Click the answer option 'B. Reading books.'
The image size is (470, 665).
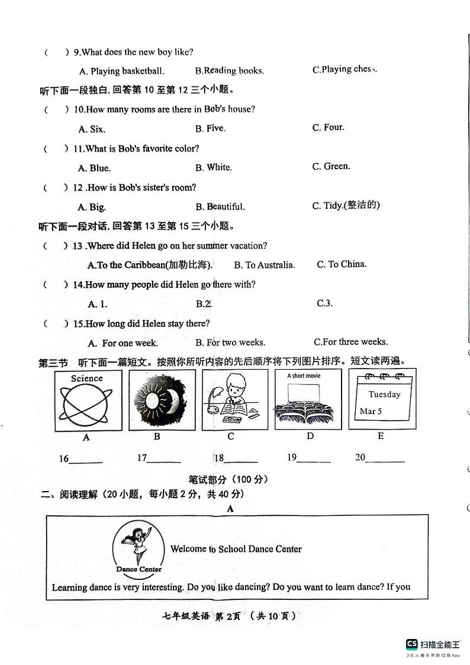(x=229, y=71)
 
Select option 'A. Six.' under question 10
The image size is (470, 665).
(x=91, y=129)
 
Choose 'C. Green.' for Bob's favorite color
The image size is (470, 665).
(x=331, y=167)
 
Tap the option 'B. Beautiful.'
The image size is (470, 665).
(x=220, y=207)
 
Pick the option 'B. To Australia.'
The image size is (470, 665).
(x=264, y=265)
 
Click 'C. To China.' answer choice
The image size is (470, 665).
(x=342, y=264)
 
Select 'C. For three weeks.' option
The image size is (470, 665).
(x=350, y=342)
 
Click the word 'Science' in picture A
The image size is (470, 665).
(x=87, y=379)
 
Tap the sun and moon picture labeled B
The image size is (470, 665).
(x=156, y=400)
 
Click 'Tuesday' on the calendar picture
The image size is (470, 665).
(x=384, y=395)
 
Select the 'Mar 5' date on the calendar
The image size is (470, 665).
(x=371, y=411)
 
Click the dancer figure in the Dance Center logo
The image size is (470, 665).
(x=139, y=544)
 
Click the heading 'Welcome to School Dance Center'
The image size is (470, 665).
(x=236, y=549)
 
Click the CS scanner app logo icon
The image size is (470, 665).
(x=411, y=644)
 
